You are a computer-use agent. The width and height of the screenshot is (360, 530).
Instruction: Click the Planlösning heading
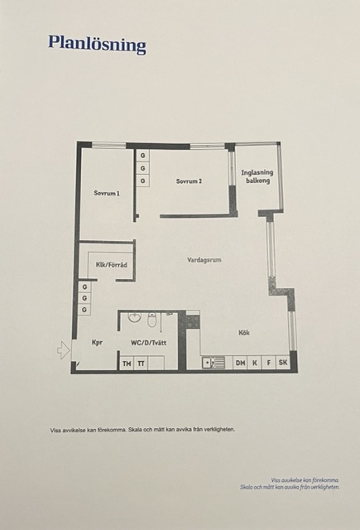tap(97, 44)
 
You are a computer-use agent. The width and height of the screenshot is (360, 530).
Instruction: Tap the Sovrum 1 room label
tap(107, 193)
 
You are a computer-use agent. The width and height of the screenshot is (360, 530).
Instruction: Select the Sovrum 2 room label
tap(190, 181)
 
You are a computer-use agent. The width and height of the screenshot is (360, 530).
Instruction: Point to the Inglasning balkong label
tap(257, 176)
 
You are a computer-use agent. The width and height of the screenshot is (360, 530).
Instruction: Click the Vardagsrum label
tap(204, 260)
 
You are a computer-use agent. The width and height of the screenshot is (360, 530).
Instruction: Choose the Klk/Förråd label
tap(112, 265)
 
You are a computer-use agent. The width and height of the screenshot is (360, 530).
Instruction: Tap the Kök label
tap(244, 333)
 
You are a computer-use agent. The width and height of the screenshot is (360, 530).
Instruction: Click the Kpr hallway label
tap(97, 342)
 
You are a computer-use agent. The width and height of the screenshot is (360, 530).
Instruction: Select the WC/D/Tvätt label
tap(149, 343)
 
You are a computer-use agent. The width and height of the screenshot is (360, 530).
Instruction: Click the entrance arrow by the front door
tap(64, 350)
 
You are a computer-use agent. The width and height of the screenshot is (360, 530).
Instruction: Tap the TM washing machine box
tap(127, 364)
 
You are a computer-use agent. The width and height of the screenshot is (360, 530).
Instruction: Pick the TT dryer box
tap(142, 364)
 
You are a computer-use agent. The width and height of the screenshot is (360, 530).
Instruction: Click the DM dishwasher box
tap(241, 363)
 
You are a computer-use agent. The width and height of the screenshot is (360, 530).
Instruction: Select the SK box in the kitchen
tap(283, 363)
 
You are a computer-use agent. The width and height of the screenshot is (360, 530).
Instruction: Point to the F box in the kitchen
tap(269, 363)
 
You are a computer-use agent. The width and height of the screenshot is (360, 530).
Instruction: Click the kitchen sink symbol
tap(213, 363)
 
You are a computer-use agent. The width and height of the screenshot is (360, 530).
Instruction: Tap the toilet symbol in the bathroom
tap(152, 320)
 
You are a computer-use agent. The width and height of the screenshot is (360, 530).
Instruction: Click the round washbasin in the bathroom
tap(135, 318)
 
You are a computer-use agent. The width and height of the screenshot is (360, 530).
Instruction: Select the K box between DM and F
tap(255, 363)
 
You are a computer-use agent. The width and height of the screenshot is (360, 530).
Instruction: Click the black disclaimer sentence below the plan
tap(142, 430)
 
